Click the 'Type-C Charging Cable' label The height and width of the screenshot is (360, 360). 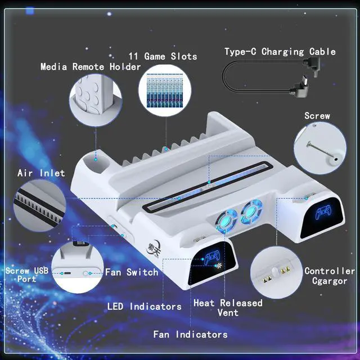[280, 52]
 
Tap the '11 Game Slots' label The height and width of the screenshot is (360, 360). [163, 56]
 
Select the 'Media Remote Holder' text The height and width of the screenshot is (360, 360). [91, 67]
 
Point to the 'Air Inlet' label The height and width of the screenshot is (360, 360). [41, 173]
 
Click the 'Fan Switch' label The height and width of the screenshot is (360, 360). [132, 272]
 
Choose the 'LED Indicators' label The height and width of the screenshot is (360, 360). [145, 307]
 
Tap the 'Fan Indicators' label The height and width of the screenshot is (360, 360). [190, 334]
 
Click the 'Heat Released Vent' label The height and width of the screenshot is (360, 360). [228, 308]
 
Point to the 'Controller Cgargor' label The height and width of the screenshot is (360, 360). [330, 276]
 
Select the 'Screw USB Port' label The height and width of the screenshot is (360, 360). [27, 275]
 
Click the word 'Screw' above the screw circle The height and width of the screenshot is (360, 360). [317, 116]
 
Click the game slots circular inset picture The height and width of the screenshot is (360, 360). [165, 90]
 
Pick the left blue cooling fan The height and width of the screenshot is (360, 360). [226, 220]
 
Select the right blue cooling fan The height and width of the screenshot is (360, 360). [251, 211]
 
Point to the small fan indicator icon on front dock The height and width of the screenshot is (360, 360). [218, 265]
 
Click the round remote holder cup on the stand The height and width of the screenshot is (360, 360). [96, 160]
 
